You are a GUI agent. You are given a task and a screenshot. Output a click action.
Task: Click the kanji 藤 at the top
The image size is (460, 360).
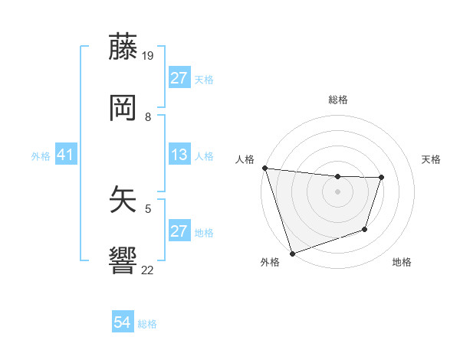(x=123, y=47)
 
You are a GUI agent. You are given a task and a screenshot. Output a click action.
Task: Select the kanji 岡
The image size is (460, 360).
(x=123, y=108)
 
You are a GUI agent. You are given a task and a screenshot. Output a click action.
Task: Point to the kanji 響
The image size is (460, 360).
(x=123, y=260)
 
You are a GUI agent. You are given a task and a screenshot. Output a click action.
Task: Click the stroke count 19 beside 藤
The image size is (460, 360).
(x=148, y=56)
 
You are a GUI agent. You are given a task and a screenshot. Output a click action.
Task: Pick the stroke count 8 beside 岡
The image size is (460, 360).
(x=148, y=116)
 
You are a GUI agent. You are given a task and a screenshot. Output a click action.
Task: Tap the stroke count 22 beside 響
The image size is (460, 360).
(x=148, y=269)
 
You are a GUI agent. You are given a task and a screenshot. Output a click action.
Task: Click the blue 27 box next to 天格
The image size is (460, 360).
(x=179, y=78)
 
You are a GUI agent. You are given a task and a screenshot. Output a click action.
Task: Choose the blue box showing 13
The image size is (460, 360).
(x=179, y=155)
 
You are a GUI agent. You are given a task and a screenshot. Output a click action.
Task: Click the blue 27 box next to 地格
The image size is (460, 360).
(x=179, y=231)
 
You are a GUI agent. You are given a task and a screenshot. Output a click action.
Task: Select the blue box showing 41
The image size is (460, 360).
(x=66, y=155)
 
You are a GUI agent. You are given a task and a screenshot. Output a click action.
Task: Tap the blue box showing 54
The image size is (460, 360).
(x=123, y=323)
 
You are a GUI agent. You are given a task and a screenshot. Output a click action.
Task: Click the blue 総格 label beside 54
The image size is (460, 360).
(x=147, y=324)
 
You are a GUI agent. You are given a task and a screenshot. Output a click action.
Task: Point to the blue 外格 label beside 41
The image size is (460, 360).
(x=41, y=156)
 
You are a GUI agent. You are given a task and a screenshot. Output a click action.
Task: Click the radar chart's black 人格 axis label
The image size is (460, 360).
(x=245, y=159)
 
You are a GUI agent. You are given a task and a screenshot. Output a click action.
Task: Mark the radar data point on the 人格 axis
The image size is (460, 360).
(x=264, y=168)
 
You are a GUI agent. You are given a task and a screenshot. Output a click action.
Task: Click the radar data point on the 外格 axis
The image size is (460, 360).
(x=292, y=253)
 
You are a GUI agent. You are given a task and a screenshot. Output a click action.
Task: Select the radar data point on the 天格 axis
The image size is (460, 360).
(x=381, y=178)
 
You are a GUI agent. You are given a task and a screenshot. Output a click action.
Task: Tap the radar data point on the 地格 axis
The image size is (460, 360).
(x=365, y=229)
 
